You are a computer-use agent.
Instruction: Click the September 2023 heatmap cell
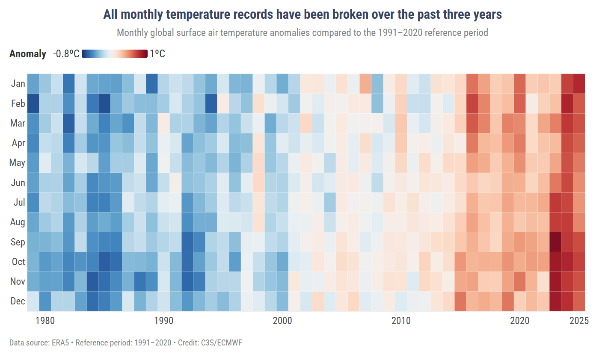[555, 242]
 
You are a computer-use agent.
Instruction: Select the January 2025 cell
[579, 83]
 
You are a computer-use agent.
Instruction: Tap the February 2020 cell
[519, 103]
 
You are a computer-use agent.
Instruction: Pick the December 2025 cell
[579, 301]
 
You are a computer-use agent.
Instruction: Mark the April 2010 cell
[401, 142]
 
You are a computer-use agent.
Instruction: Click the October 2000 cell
[282, 261]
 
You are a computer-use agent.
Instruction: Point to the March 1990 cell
[163, 123]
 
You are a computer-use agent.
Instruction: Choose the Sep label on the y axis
[18, 242]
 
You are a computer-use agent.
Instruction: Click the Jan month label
[18, 83]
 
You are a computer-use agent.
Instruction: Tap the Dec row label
[18, 301]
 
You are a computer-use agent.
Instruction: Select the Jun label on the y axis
[18, 183]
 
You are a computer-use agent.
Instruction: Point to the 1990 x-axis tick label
[163, 321]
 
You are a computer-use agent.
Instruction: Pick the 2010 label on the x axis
[401, 321]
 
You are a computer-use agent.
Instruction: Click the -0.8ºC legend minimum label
[66, 54]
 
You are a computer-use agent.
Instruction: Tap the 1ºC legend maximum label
[157, 54]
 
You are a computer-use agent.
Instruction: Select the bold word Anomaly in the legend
[28, 54]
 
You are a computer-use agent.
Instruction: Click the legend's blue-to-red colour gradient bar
[115, 53]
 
